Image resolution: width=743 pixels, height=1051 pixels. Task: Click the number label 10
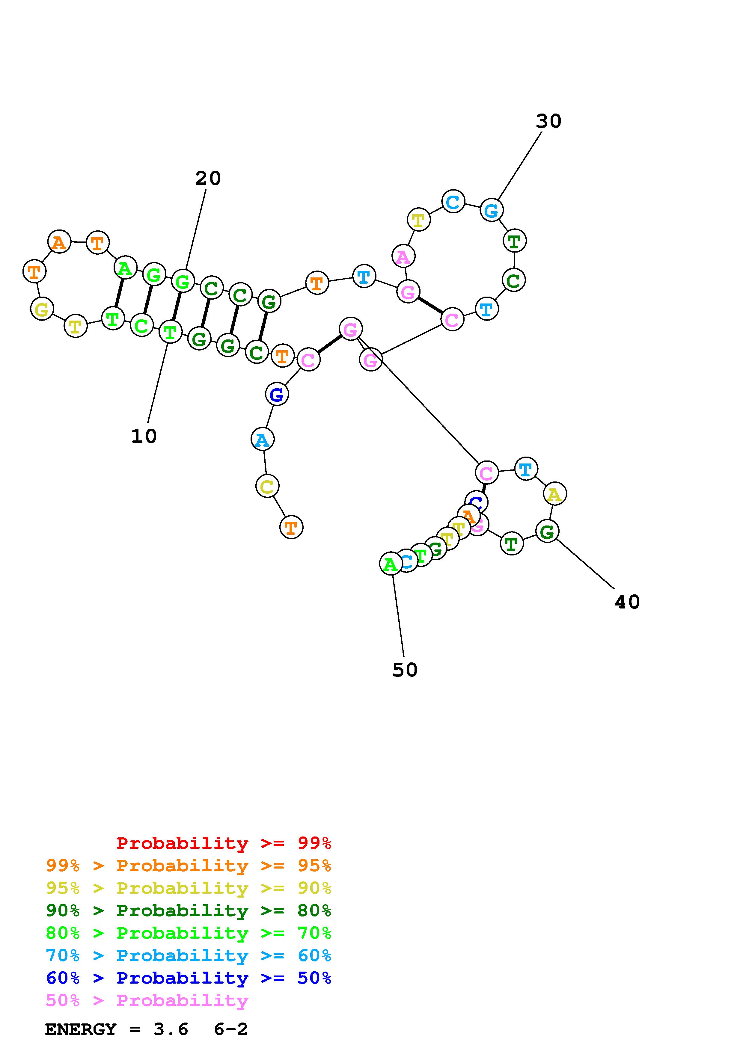pyautogui.click(x=144, y=436)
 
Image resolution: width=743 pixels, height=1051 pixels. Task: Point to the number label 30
pyautogui.click(x=548, y=121)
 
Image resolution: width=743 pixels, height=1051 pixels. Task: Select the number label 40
pyautogui.click(x=627, y=602)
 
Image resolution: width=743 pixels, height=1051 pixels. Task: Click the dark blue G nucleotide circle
pyautogui.click(x=277, y=394)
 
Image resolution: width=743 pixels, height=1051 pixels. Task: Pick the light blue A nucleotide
pyautogui.click(x=262, y=440)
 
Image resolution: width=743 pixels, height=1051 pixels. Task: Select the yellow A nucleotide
pyautogui.click(x=555, y=494)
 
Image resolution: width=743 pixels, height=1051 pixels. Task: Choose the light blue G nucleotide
pyautogui.click(x=492, y=211)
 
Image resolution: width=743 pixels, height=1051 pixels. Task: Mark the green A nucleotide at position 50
pyautogui.click(x=391, y=564)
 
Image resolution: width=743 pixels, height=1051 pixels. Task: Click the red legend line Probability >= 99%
pyautogui.click(x=223, y=843)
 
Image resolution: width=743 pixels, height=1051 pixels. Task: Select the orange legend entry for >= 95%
pyautogui.click(x=188, y=866)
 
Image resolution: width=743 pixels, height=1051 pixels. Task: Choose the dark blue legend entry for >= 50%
pyautogui.click(x=188, y=978)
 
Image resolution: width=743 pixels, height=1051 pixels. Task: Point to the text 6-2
pyautogui.click(x=231, y=1029)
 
